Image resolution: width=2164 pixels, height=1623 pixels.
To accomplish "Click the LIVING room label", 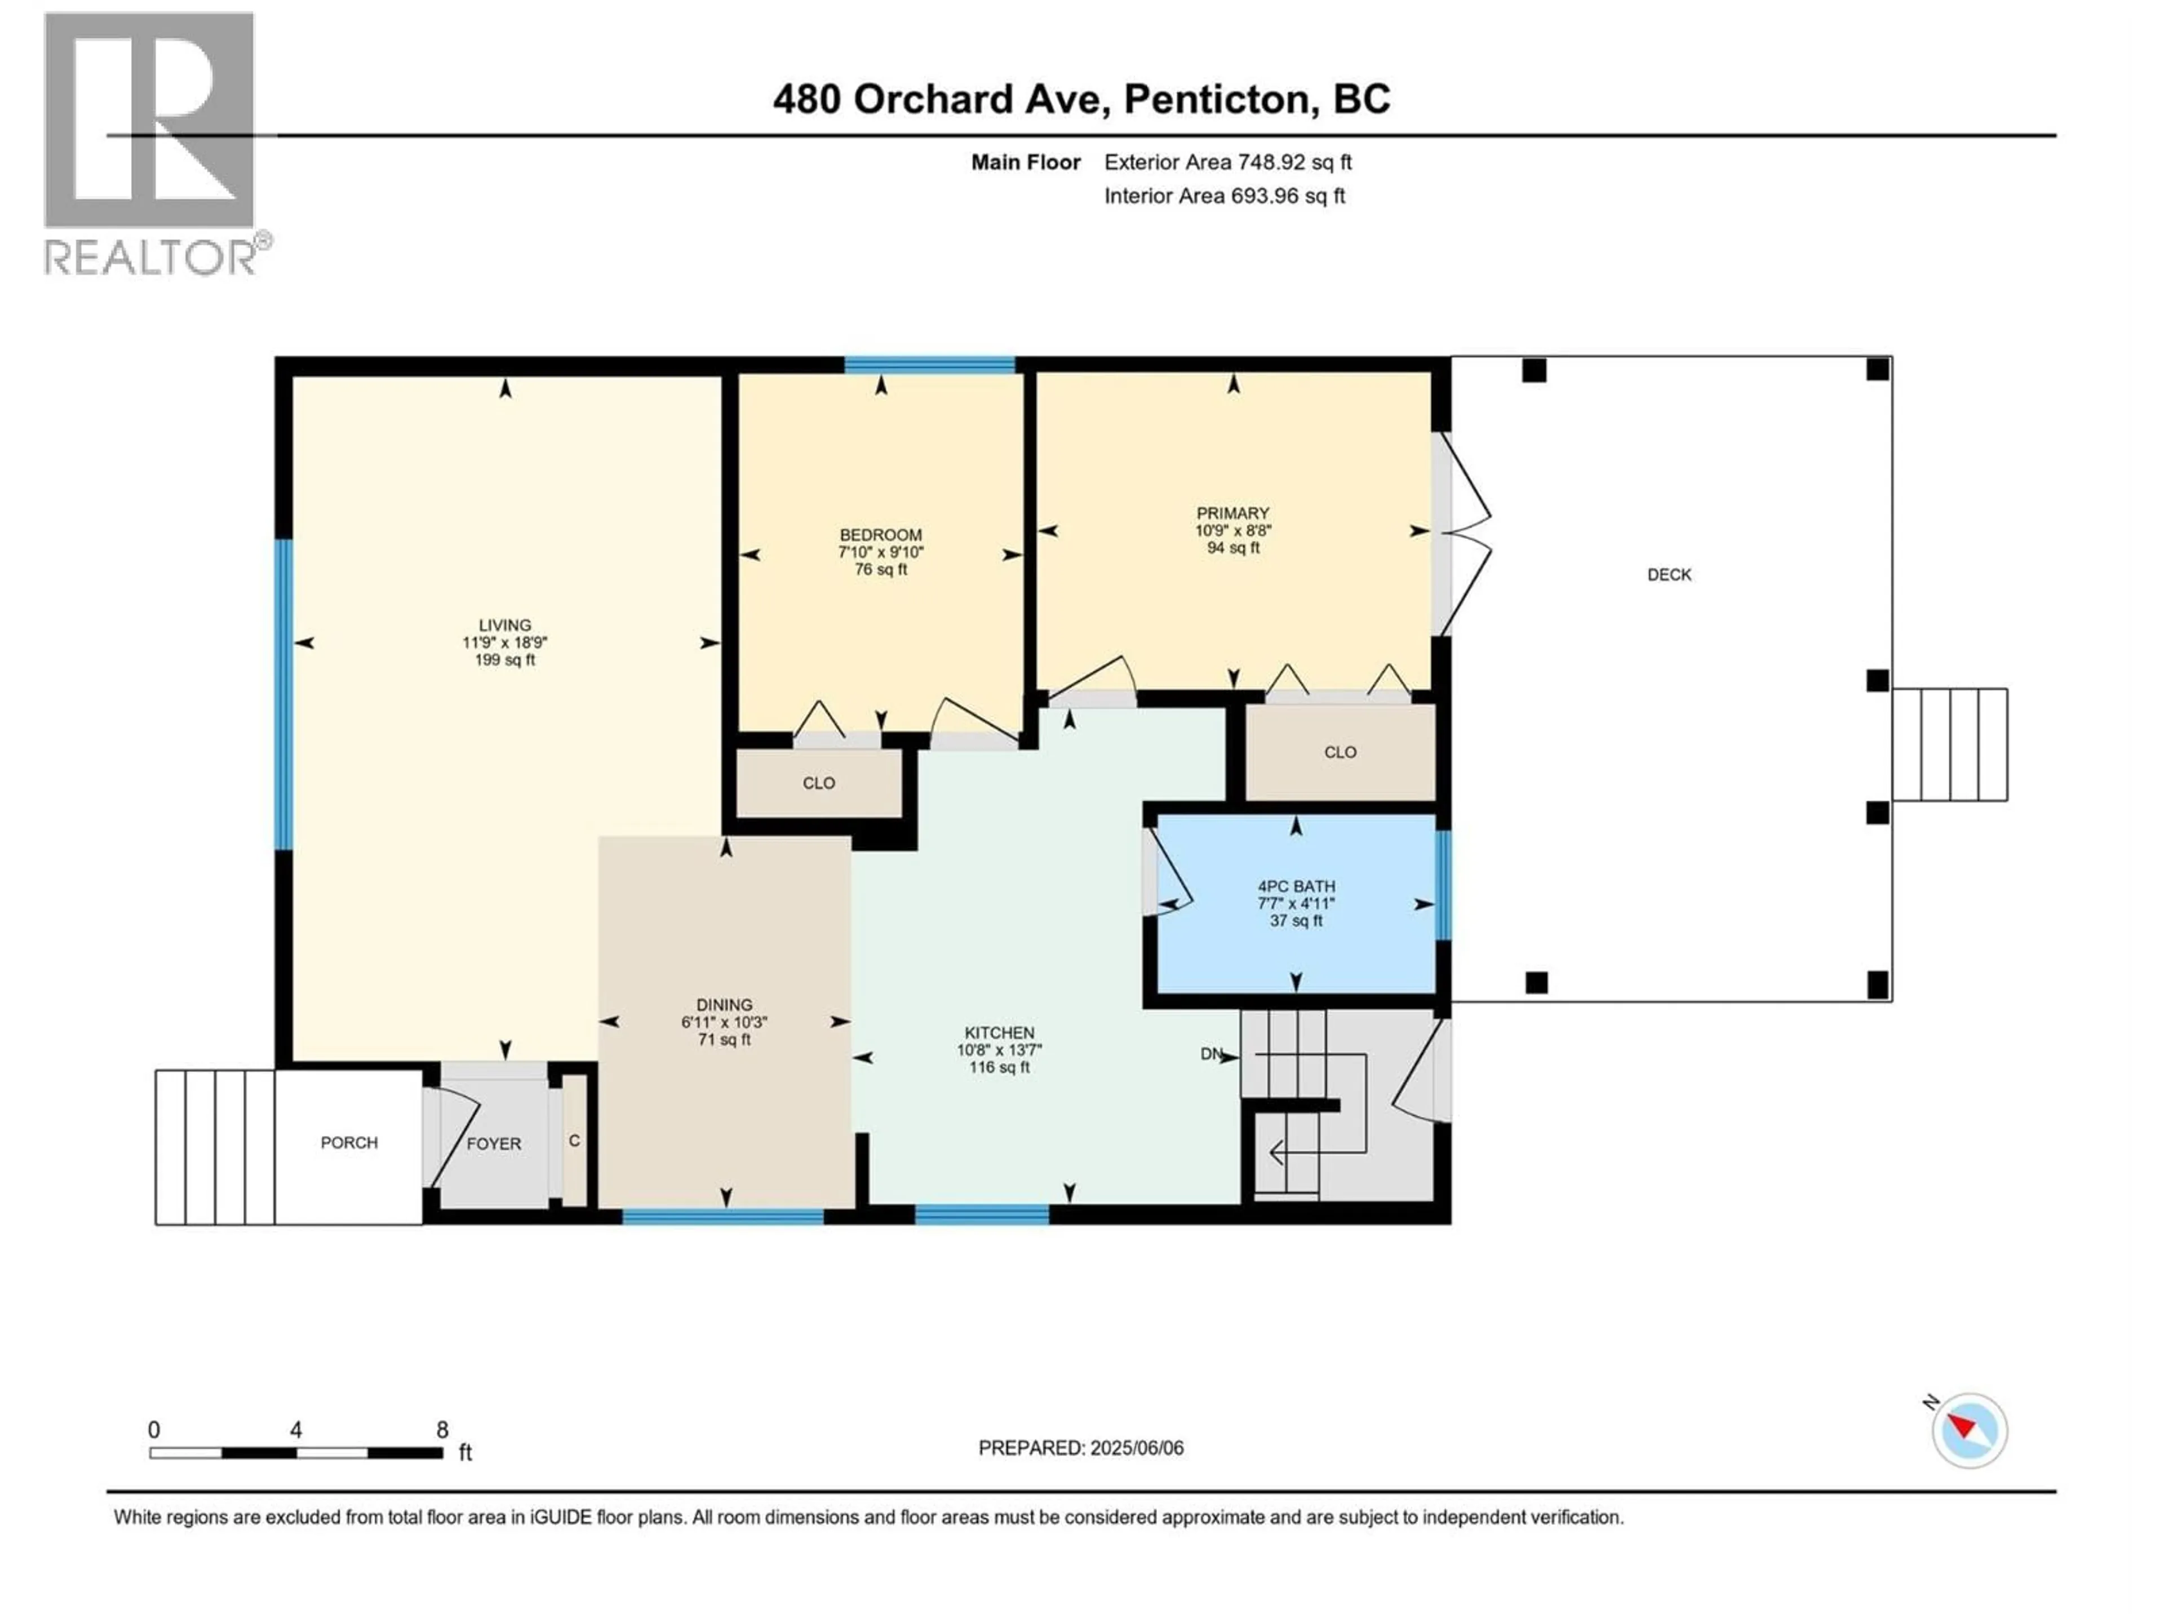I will tap(505, 625).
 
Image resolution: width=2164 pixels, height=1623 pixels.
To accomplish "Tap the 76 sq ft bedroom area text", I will tap(880, 569).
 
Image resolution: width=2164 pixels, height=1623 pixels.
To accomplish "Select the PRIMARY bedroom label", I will tap(1232, 513).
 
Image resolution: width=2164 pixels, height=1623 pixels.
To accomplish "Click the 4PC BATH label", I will tap(1296, 886).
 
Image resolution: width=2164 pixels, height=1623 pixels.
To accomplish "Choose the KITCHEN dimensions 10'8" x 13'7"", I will tap(999, 1050).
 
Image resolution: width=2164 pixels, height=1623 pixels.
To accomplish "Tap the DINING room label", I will tap(724, 1005).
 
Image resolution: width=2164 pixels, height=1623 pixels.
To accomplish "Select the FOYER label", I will tap(493, 1143).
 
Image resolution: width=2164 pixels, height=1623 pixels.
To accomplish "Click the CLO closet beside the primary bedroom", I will tap(1340, 752).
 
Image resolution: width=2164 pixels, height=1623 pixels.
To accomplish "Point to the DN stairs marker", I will tap(1211, 1054).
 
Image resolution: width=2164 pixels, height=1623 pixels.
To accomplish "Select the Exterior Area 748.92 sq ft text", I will tap(1228, 162).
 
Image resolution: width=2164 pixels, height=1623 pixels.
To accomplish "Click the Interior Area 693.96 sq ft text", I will tap(1224, 196).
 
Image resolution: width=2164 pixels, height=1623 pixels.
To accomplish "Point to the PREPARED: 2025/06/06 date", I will tap(1081, 1448).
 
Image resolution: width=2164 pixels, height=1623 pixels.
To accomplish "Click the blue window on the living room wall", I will tap(283, 695).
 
